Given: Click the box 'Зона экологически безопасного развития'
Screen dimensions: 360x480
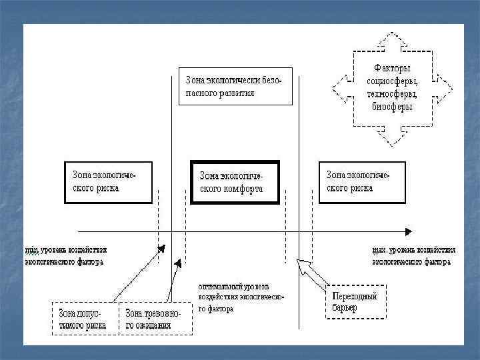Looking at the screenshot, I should [x=235, y=87].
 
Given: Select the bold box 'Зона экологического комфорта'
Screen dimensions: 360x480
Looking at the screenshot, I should [x=235, y=182].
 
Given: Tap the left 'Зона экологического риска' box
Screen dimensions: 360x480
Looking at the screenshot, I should [x=108, y=181].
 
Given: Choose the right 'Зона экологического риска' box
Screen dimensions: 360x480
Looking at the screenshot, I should [x=361, y=181].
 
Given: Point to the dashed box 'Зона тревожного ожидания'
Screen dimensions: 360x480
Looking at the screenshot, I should [x=155, y=319].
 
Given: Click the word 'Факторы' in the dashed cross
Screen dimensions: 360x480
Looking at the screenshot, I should [x=392, y=69].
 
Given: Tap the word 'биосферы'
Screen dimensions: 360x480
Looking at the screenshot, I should [x=392, y=107].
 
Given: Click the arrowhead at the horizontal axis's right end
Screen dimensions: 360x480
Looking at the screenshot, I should [x=407, y=231].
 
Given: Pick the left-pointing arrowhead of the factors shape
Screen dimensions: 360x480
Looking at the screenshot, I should [x=338, y=87].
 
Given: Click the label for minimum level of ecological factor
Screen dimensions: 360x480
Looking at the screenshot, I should [x=66, y=256].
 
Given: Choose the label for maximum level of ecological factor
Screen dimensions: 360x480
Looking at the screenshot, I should [x=413, y=256].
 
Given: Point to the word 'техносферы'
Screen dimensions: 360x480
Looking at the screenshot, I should [x=393, y=94].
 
